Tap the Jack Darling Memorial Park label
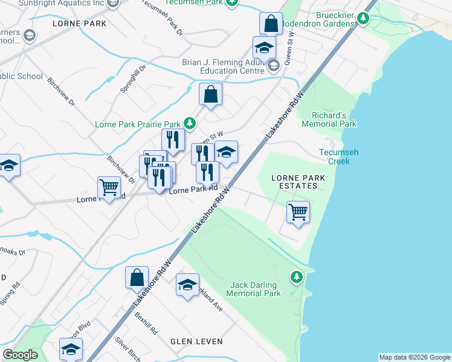click(254, 289)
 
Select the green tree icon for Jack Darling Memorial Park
click(296, 277)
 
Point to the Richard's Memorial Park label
click(334, 119)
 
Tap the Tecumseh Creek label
click(338, 157)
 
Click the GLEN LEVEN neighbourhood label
click(196, 341)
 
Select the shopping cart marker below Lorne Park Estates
click(298, 212)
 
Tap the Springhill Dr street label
click(133, 78)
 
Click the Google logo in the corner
click(20, 355)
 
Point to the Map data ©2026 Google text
click(414, 357)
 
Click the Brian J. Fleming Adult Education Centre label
click(224, 67)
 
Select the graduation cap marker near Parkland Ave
click(187, 285)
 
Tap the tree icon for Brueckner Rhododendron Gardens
click(363, 18)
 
